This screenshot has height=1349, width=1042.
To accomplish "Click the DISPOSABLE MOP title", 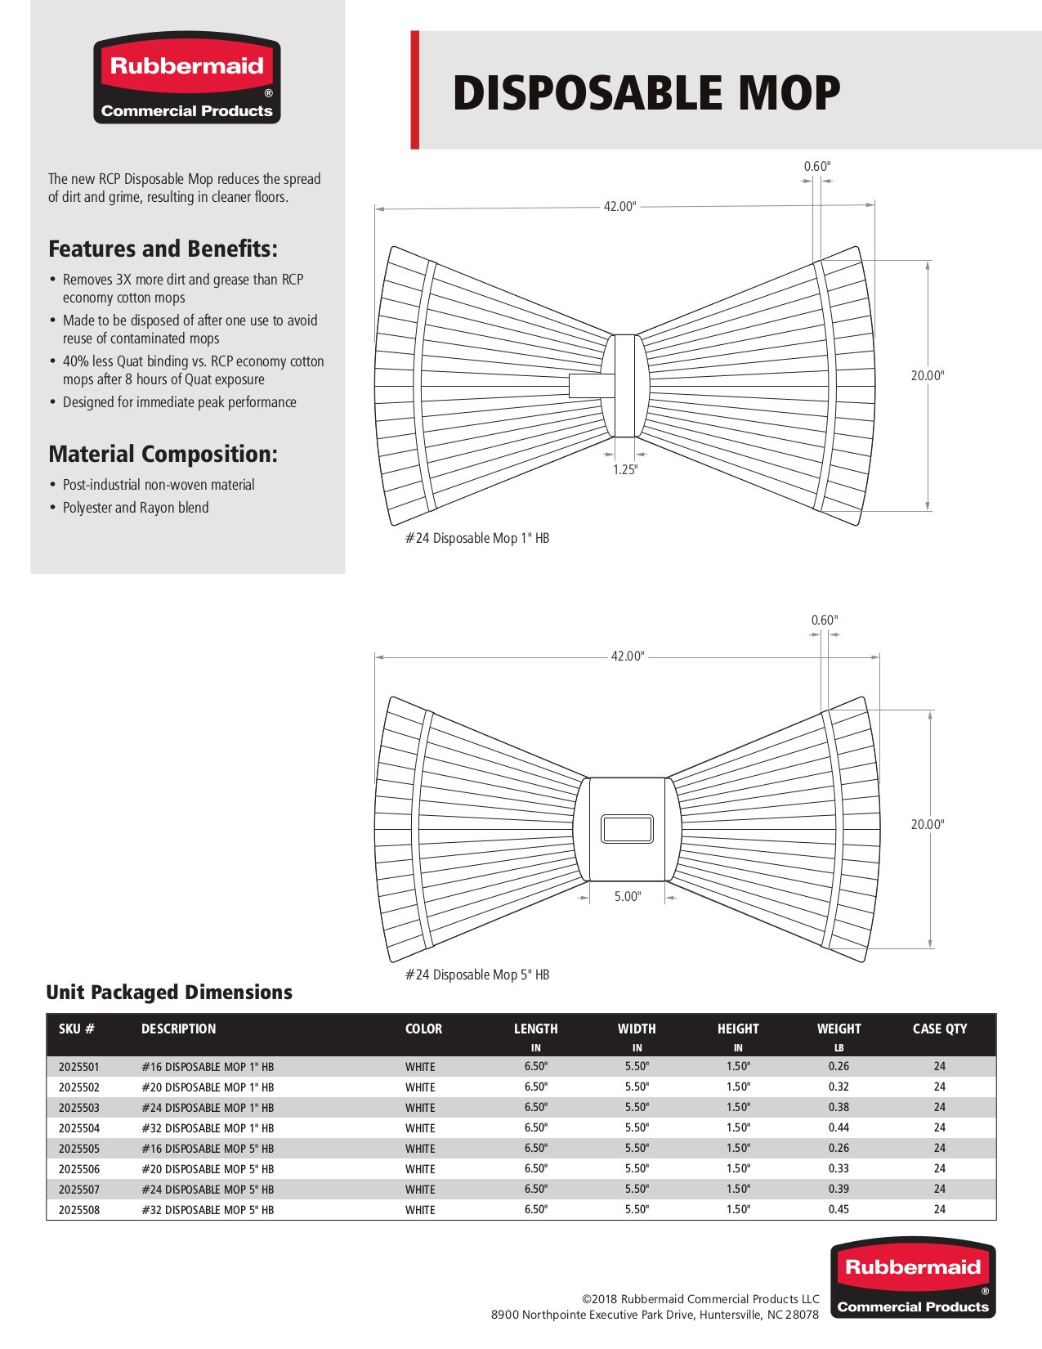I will coord(646,92).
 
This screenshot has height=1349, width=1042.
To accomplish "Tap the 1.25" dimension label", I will coord(625,469).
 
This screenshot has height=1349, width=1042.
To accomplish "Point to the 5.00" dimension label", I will coord(628,897).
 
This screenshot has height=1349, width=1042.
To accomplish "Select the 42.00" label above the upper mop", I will coord(619,207).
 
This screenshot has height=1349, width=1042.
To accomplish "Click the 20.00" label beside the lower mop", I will coord(928,824).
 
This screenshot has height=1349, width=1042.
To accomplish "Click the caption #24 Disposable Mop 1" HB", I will coord(477,538).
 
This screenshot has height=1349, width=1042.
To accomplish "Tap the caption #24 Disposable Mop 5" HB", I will coord(477,975).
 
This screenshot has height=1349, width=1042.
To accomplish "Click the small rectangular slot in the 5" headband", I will coord(627,829).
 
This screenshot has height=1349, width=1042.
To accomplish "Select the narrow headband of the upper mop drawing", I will coord(625,385).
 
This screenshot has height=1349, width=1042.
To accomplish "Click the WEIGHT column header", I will coord(839,1029).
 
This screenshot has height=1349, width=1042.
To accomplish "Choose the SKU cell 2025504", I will coord(79,1128).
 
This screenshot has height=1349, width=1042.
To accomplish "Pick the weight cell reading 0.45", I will coord(839,1209).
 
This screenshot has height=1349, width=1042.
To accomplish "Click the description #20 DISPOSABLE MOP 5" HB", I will coord(208,1169).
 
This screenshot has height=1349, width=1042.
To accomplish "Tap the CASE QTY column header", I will coord(940,1029).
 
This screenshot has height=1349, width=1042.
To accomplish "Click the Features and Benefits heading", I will coord(163,249).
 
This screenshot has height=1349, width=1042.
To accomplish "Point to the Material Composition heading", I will coord(163,454).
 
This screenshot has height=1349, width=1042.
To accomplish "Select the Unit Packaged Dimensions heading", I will coord(169,993).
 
